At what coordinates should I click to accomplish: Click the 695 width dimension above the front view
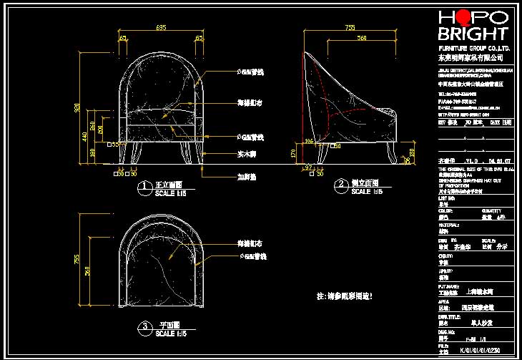coord(161,27)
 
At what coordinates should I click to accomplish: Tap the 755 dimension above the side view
coord(350,27)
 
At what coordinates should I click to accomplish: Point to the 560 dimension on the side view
coord(363,37)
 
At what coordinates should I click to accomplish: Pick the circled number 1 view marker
coord(144,188)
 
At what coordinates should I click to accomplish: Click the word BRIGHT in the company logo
coord(473,34)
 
